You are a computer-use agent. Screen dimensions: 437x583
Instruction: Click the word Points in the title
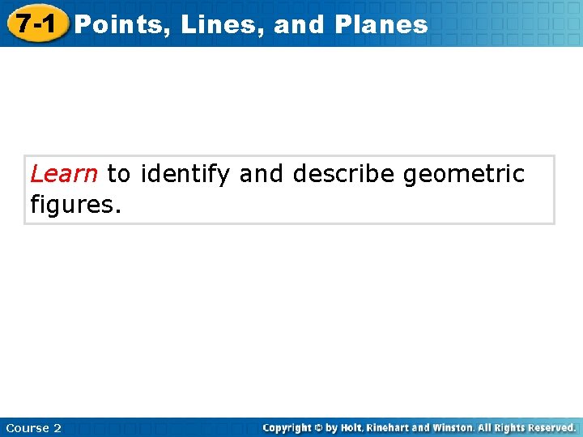pos(121,24)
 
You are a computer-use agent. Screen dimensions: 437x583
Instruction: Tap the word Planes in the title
pos(380,24)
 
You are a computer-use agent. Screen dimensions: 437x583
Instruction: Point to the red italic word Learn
pos(64,174)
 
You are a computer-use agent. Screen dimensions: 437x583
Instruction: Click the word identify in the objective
pos(185,174)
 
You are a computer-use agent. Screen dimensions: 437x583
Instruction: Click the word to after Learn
pos(118,174)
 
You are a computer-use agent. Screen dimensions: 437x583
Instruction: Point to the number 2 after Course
pos(57,427)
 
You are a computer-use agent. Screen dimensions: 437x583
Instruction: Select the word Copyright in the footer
pos(289,427)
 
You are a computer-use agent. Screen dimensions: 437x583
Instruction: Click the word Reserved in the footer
pos(551,427)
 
